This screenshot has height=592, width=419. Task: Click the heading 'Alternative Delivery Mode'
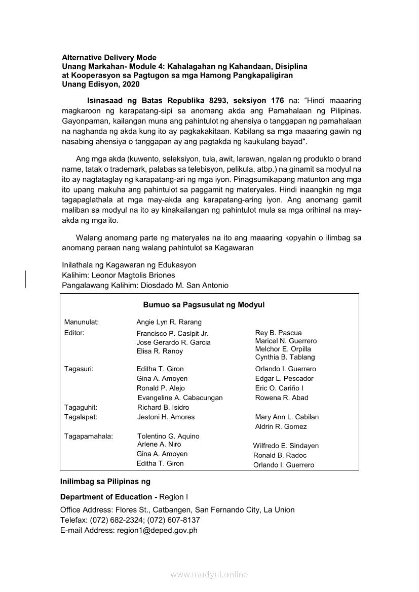(109, 58)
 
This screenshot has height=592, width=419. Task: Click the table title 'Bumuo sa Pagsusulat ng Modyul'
(204, 305)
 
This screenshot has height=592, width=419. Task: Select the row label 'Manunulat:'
(82, 322)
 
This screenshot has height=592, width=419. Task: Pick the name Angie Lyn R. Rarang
(169, 322)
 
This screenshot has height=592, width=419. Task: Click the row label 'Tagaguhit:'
(81, 407)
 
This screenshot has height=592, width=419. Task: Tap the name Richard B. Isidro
(163, 407)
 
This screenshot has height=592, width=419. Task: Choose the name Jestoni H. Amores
(166, 417)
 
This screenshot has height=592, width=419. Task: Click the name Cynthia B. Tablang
(285, 357)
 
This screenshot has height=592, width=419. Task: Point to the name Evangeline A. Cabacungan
(180, 398)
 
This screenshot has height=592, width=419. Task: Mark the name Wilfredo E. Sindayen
(286, 446)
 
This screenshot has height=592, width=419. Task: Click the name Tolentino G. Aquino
(168, 436)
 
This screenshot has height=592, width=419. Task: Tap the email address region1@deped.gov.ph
(157, 530)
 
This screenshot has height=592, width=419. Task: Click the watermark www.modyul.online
(209, 574)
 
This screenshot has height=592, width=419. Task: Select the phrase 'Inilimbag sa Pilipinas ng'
(105, 481)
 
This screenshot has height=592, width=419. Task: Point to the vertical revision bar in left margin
(26, 279)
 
